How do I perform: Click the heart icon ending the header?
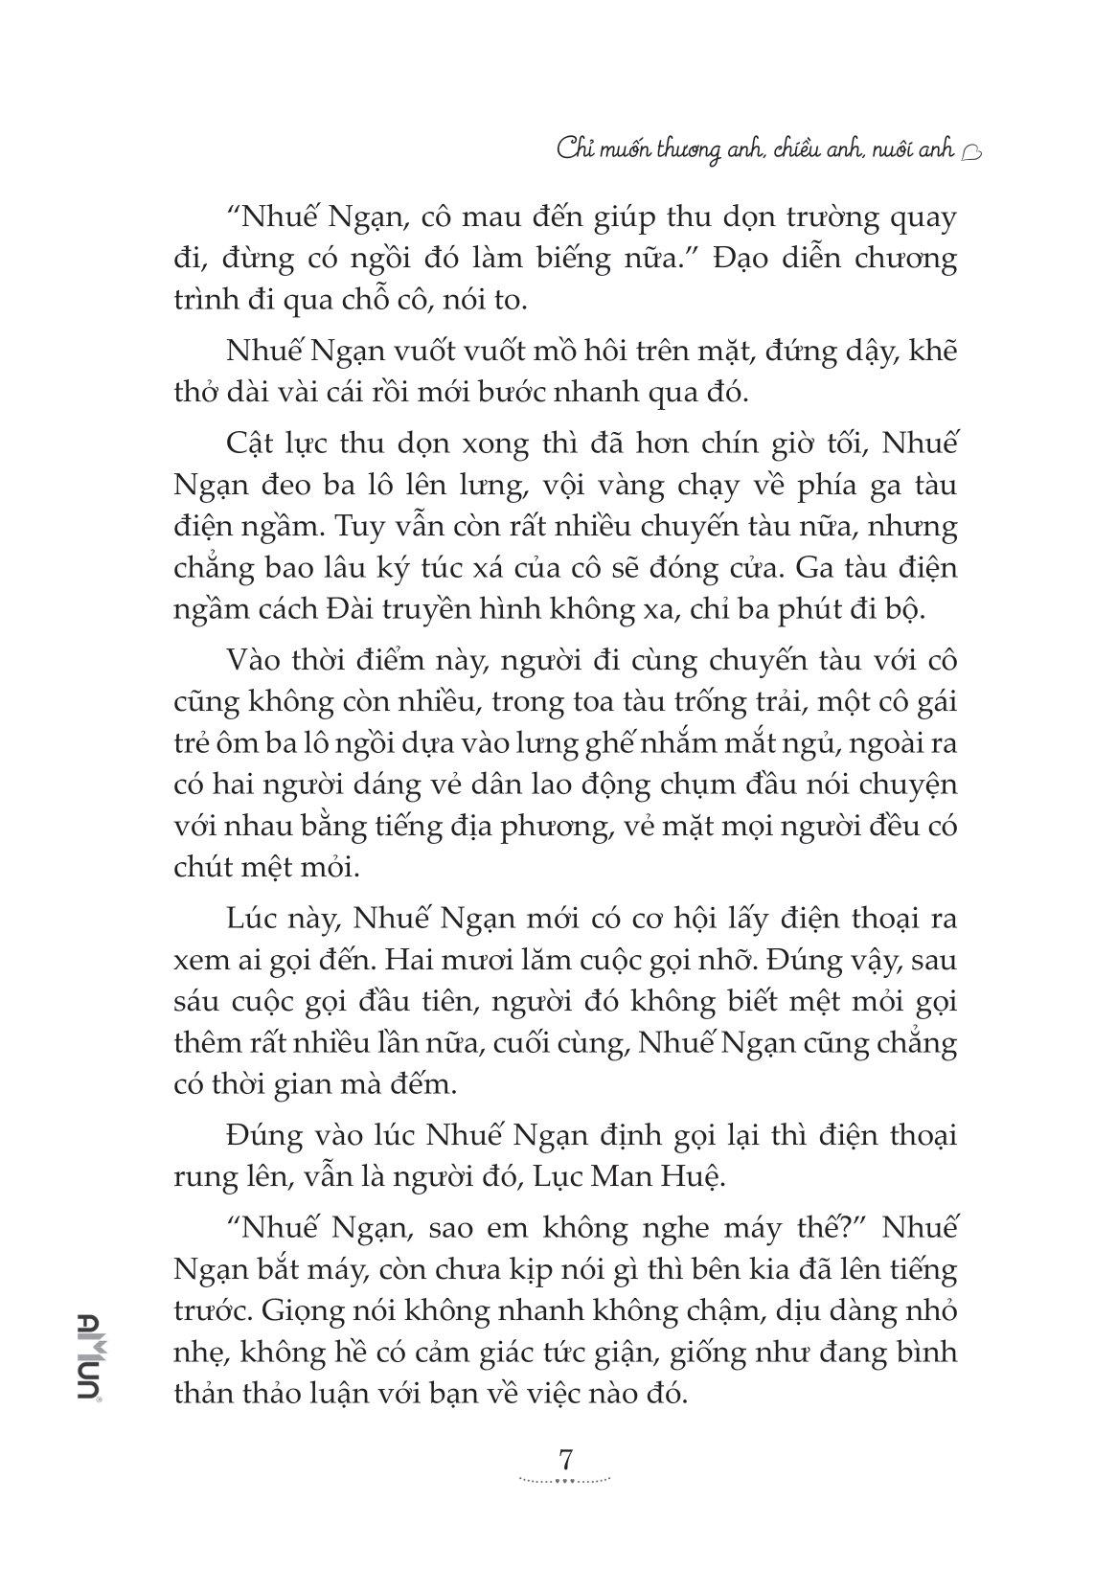(x=969, y=150)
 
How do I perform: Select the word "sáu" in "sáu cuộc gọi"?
(x=198, y=1001)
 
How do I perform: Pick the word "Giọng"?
(x=316, y=1310)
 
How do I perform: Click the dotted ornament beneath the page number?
(x=564, y=1481)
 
